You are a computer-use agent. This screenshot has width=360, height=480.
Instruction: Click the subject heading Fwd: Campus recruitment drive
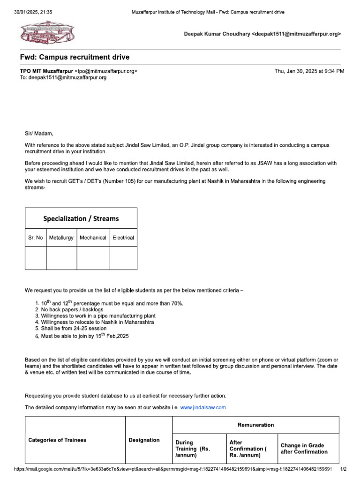click(75, 57)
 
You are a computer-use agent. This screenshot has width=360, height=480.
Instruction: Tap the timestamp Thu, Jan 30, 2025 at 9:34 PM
click(309, 71)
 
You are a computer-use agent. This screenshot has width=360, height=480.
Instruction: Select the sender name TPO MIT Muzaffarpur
click(45, 71)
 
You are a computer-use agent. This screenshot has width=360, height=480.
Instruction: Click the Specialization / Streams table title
click(81, 218)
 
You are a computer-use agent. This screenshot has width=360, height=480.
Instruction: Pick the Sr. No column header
click(36, 238)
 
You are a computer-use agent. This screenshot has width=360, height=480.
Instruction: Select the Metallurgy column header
click(61, 238)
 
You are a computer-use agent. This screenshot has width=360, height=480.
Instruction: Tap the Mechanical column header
click(93, 238)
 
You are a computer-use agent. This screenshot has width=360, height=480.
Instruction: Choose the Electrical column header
click(123, 238)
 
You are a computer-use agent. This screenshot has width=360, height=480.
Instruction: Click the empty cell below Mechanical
click(93, 258)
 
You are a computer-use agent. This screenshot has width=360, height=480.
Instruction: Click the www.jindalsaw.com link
click(203, 407)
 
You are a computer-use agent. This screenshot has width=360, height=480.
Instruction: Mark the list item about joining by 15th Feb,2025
click(78, 336)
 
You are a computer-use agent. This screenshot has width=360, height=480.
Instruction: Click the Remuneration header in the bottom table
click(256, 425)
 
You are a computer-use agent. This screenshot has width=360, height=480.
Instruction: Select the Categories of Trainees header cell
click(57, 440)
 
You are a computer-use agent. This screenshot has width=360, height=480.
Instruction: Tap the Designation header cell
click(144, 440)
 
